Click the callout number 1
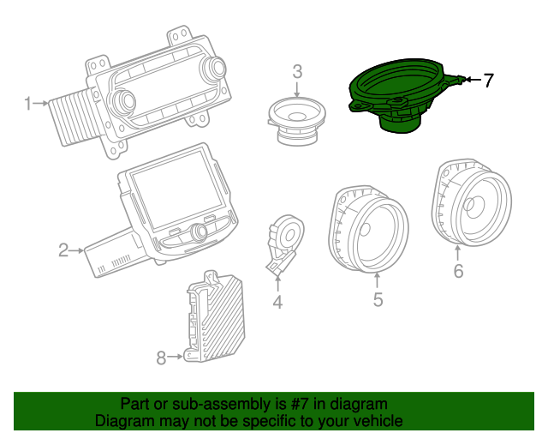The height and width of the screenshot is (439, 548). tap(27, 105)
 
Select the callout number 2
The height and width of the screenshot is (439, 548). tap(63, 250)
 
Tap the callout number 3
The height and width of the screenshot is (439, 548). tap(297, 71)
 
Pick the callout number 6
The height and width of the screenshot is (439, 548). tap(458, 272)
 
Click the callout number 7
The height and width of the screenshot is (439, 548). tap(488, 81)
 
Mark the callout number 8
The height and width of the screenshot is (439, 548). tap(161, 358)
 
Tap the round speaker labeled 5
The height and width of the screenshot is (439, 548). tap(368, 226)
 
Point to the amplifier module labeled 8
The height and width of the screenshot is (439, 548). tap(216, 317)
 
